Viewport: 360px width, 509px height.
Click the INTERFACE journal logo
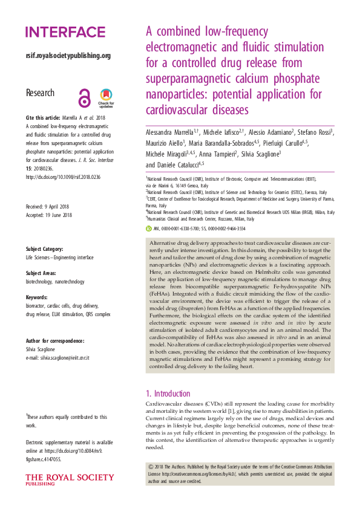65,32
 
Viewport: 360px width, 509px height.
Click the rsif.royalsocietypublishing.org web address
68,56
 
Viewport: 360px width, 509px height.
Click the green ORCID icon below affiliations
149,229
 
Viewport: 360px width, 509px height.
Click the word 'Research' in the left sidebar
40,93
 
